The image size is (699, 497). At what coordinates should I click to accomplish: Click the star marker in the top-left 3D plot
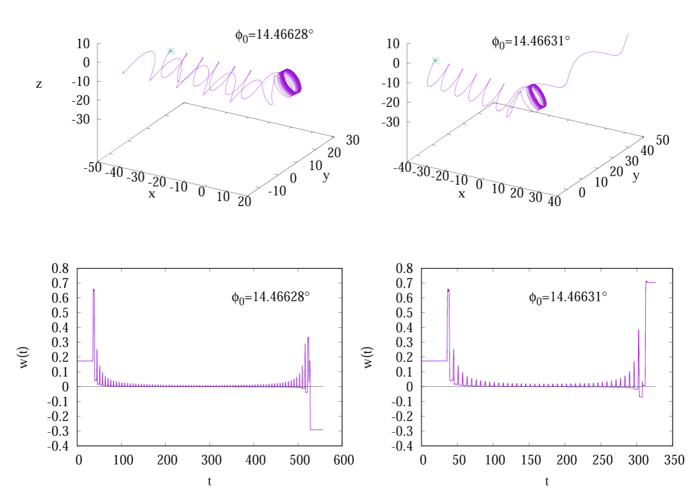pos(171,51)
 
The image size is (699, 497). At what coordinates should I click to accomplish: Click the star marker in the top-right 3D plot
pos(436,60)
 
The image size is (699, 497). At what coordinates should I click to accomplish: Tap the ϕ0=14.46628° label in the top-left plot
pos(274,35)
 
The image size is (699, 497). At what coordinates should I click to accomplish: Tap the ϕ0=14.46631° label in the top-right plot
pos(531,42)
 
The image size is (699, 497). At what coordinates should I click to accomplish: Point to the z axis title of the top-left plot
pos(39,84)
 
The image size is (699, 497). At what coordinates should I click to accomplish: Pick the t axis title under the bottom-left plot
pos(210,481)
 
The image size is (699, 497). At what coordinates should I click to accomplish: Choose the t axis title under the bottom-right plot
pos(547,481)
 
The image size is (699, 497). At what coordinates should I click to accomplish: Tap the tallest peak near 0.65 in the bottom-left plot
pos(94,290)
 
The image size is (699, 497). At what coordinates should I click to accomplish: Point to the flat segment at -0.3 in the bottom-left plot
pos(317,430)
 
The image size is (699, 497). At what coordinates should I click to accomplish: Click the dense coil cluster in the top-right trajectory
pos(536,96)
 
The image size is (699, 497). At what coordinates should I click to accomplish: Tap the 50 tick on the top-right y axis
pos(662,140)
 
